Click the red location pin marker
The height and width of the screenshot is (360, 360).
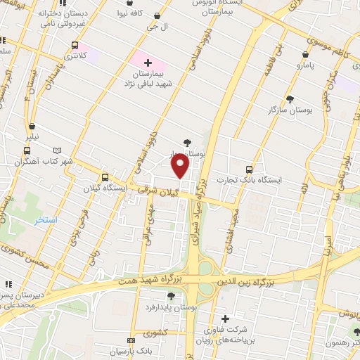(181, 166)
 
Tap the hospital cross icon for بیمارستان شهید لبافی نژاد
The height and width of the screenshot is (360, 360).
(148, 63)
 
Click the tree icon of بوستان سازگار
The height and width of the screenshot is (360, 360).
(289, 99)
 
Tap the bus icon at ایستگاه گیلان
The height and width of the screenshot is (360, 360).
(105, 178)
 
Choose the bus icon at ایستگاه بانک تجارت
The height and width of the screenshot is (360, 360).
(249, 169)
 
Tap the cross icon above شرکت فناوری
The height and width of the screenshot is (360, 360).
(225, 318)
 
